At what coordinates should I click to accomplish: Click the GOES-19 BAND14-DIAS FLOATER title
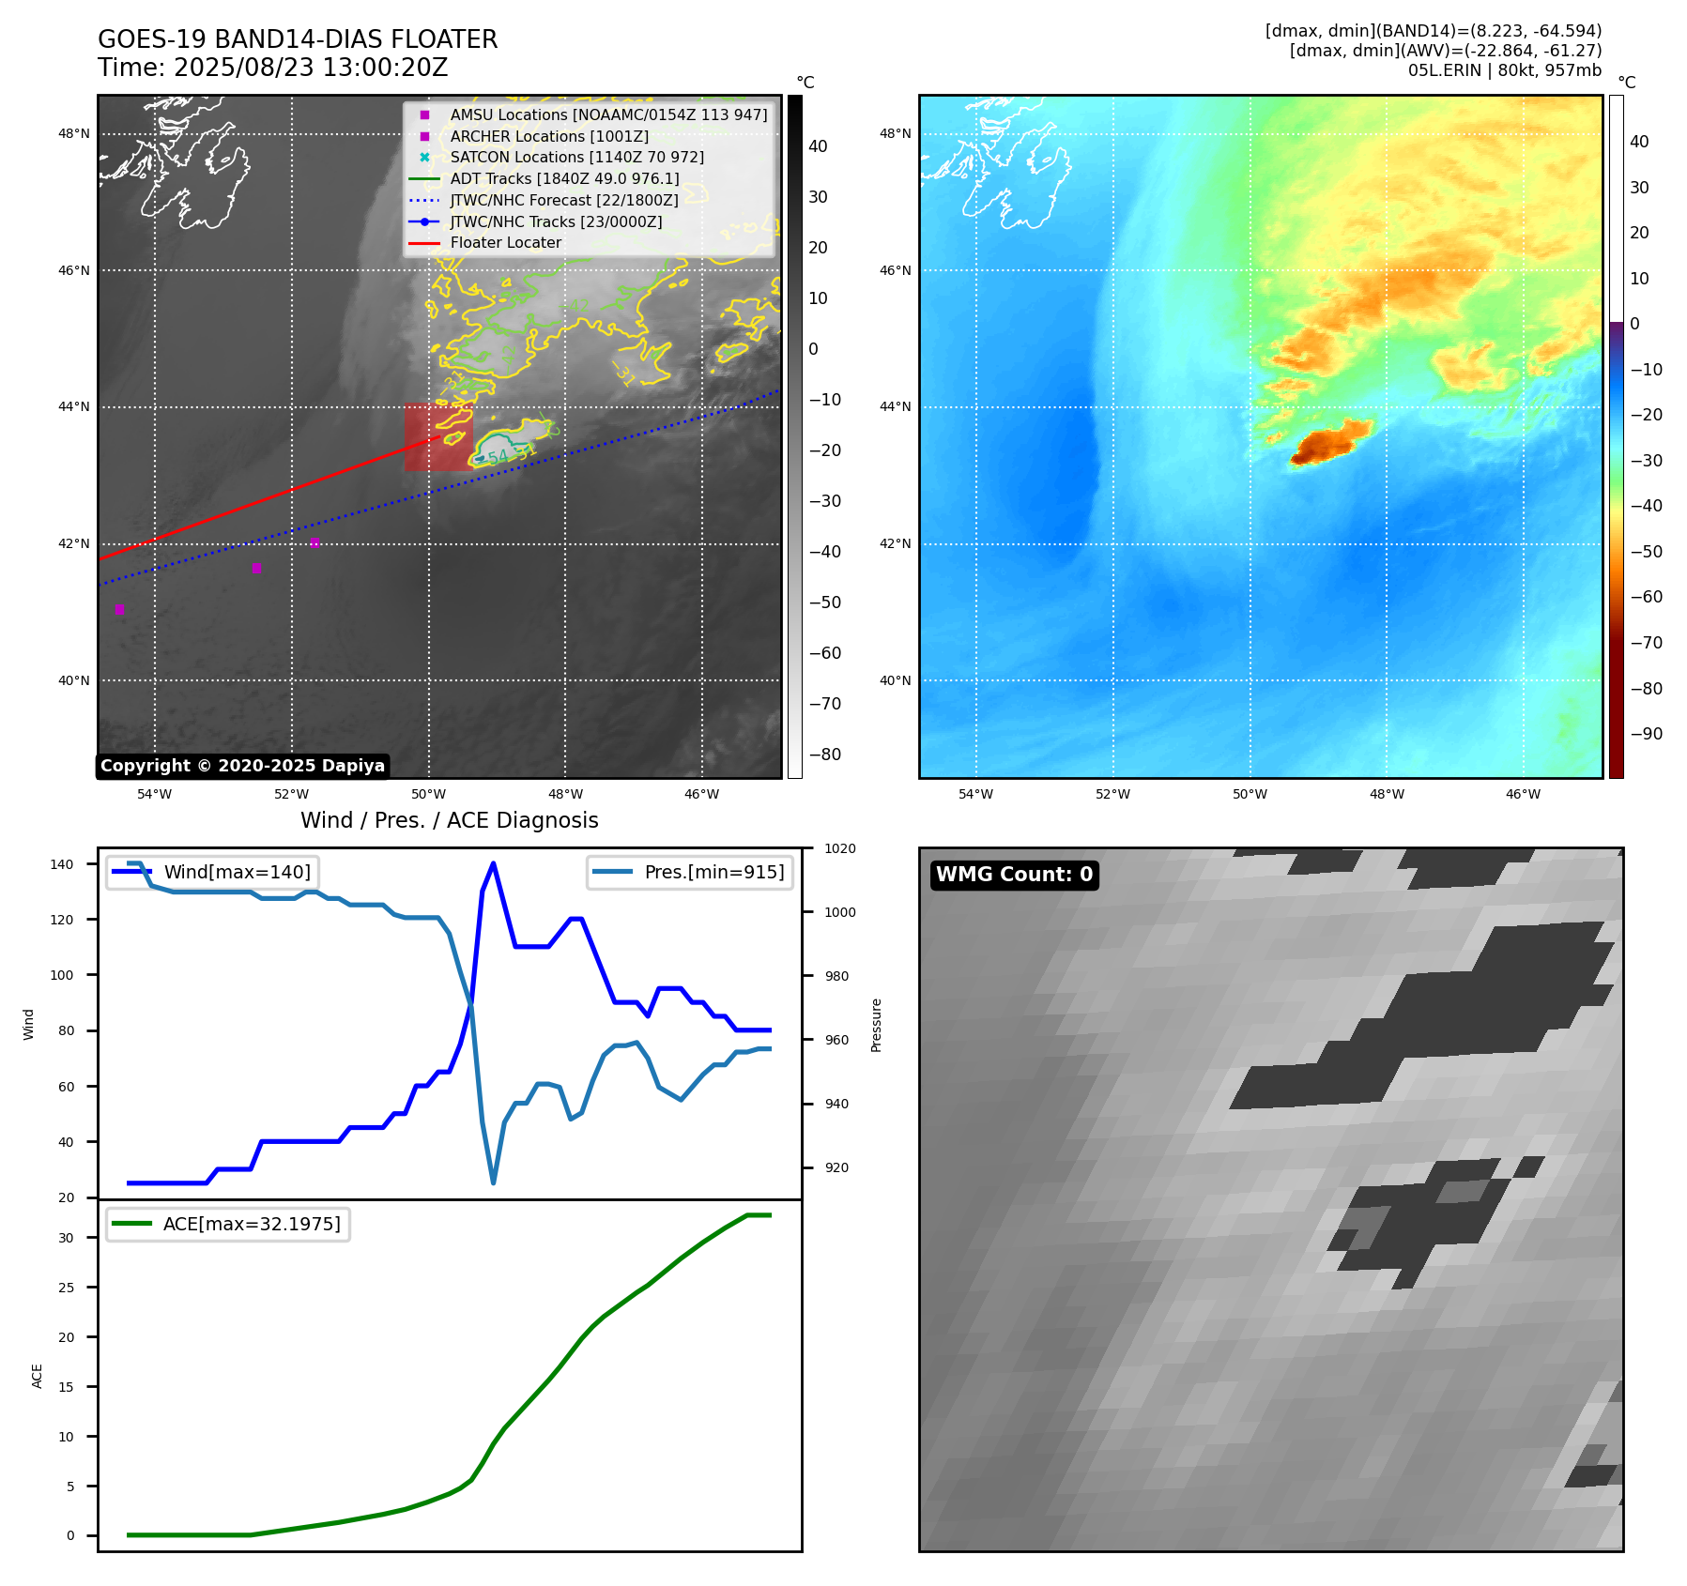coord(298,39)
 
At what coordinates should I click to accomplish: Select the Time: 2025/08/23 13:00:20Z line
coord(272,69)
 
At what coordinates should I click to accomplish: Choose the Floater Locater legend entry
coord(505,243)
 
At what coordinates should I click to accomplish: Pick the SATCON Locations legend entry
coord(576,158)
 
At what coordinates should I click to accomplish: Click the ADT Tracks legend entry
coord(564,179)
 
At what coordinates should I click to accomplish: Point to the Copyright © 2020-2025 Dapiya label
coord(242,766)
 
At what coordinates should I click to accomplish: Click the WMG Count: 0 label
coord(1014,875)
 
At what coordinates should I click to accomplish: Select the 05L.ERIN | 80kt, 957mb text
coord(1504,70)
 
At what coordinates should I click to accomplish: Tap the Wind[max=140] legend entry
coord(237,872)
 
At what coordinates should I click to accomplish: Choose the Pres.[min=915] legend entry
coord(713,872)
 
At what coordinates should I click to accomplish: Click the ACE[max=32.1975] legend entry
coord(252,1224)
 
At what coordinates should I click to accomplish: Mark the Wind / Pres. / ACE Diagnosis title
coord(449,820)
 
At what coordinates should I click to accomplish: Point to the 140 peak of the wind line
coord(493,864)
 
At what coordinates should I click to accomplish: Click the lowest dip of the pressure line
coord(493,1182)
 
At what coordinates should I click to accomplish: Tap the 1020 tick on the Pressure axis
coord(839,849)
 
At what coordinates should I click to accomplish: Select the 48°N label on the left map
coord(74,134)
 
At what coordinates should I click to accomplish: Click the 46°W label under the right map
coord(1523,795)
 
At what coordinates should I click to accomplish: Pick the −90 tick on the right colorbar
coord(1646,734)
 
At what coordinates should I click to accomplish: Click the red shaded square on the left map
coord(438,437)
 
